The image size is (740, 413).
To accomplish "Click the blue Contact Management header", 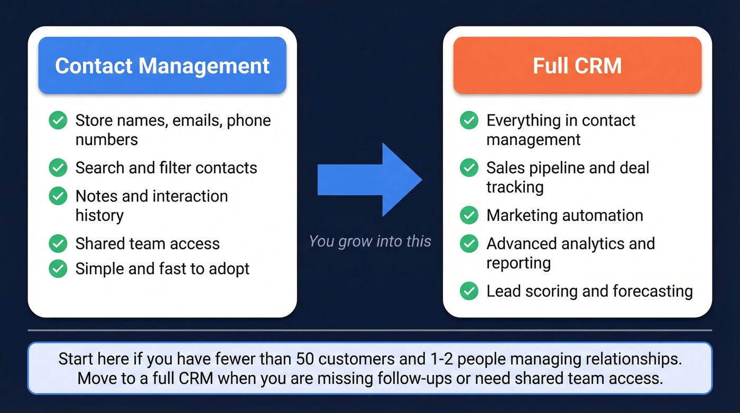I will tap(162, 66).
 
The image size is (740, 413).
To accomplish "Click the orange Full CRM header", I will tap(577, 66).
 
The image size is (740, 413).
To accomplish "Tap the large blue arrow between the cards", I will tap(370, 180).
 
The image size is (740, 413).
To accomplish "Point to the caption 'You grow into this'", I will tap(370, 241).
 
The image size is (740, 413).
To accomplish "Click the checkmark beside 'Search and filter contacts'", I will tap(58, 168).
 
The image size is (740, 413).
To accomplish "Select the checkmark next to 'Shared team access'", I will tap(58, 243).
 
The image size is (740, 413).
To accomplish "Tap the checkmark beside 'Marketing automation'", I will tap(469, 215).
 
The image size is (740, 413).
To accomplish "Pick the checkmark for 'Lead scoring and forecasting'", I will tap(469, 291).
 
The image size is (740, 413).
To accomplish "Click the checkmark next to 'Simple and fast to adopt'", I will tap(58, 269).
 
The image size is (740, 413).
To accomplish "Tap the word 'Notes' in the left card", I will tap(96, 196).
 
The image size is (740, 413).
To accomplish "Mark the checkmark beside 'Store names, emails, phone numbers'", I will tap(58, 121).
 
